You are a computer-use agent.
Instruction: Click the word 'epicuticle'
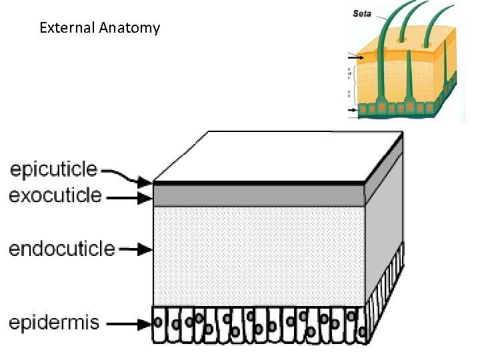(x=53, y=170)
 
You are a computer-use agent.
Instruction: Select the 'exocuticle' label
(x=55, y=196)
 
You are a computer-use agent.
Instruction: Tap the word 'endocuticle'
(x=61, y=249)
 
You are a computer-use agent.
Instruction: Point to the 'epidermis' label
(x=54, y=323)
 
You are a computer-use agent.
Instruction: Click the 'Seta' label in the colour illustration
(x=362, y=12)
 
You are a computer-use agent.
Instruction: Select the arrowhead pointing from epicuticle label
(x=146, y=181)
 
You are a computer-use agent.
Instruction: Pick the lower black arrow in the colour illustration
(x=353, y=109)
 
